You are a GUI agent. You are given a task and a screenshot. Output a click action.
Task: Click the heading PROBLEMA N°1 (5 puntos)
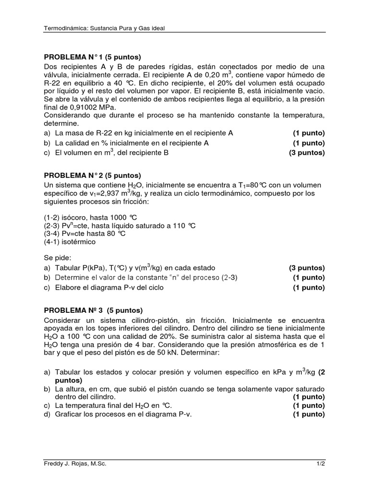pyautogui.click(x=93, y=56)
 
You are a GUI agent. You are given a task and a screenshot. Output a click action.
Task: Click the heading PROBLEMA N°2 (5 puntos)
pyautogui.click(x=93, y=175)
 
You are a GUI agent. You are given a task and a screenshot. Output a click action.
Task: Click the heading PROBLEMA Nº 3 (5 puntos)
pyautogui.click(x=94, y=310)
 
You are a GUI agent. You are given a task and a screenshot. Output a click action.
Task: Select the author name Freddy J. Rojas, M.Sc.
pyautogui.click(x=75, y=463)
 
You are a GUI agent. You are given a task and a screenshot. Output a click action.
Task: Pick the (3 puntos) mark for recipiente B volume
pyautogui.click(x=307, y=153)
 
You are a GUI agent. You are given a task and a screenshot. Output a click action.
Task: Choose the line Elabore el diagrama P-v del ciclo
pyautogui.click(x=110, y=287)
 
